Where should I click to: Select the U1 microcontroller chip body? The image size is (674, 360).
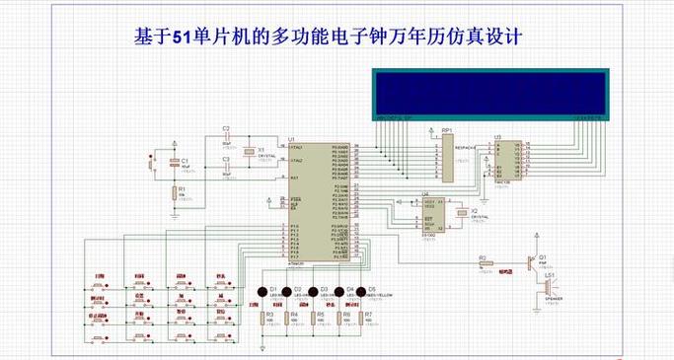(x=308, y=197)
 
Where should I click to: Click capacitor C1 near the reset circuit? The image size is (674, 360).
(x=172, y=164)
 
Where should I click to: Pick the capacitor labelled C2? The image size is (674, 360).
(x=225, y=137)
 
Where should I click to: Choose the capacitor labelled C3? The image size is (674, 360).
(x=225, y=165)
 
